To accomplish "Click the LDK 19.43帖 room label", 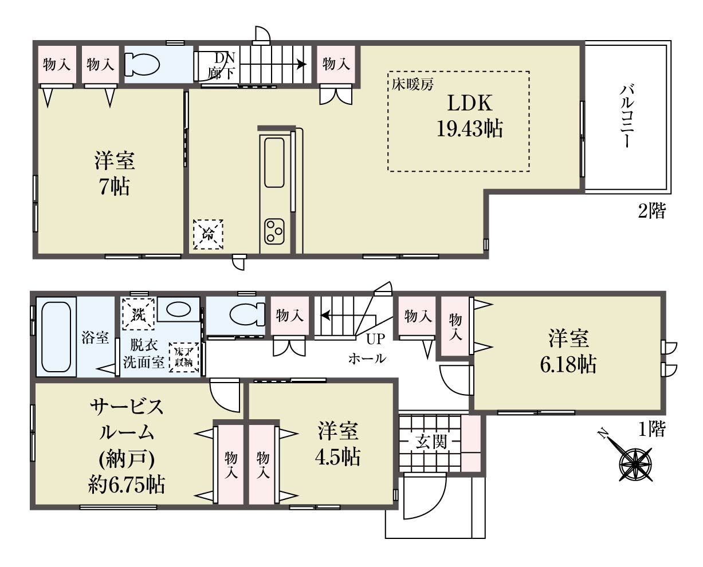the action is coord(469,116).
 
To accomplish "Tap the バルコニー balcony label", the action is coord(627,116).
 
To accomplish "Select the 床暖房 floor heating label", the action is coord(413,85).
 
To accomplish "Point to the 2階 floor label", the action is coord(651,210).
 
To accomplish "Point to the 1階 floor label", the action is coord(652,429).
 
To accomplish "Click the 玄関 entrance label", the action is coord(431,443).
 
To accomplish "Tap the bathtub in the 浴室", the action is coord(56,337).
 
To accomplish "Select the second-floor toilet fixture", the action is coord(142,64).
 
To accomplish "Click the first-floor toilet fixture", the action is coord(248,314).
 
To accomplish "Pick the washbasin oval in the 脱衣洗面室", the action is coord(178,309).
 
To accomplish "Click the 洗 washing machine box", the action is coord(138,314).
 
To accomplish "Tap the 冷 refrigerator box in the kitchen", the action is coord(208,234).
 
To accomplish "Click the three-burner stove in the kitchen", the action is coord(274,231).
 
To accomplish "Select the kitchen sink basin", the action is coord(274,163).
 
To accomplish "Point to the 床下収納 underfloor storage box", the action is coord(183,357).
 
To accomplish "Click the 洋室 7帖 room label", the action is coord(115,174).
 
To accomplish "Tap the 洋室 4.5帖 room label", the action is coord(337,444).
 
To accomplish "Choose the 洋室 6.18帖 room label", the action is coord(568,352).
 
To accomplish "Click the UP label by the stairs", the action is coord(375,339).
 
